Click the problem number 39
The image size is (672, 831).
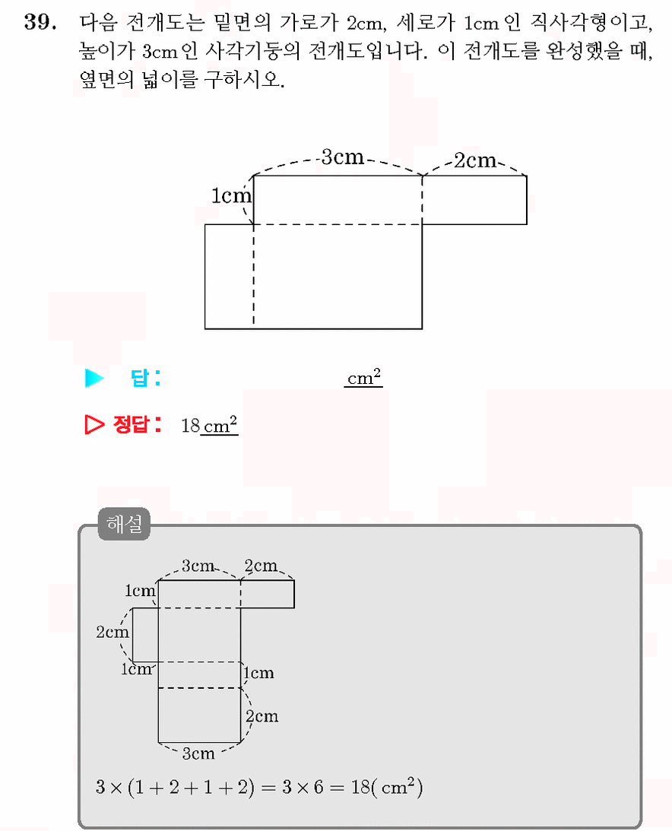(40, 22)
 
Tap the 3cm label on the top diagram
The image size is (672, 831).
(342, 157)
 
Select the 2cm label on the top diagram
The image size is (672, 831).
(475, 160)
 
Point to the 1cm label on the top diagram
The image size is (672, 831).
(231, 195)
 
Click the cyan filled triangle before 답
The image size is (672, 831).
(94, 378)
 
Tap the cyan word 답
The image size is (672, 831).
(139, 378)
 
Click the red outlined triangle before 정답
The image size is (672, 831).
(94, 424)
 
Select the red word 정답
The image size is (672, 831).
(131, 424)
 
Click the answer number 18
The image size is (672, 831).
(190, 426)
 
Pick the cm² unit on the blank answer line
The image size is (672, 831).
(364, 377)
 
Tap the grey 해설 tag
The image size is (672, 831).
(124, 524)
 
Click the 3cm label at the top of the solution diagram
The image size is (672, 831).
(198, 566)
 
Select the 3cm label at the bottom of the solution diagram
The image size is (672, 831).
(198, 753)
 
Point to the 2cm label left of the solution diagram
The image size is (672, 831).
(113, 632)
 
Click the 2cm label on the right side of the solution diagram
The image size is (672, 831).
(262, 716)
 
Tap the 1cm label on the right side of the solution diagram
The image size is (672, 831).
(258, 673)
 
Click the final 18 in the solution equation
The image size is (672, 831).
(360, 787)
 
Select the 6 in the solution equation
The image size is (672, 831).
(318, 787)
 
